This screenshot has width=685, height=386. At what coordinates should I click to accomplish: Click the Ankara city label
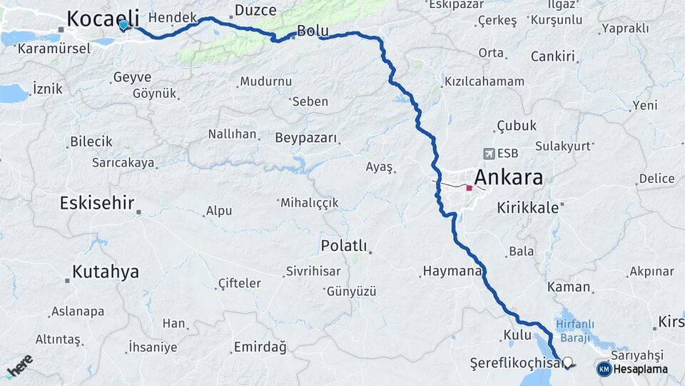click(508, 177)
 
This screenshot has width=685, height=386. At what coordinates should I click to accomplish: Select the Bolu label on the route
click(313, 31)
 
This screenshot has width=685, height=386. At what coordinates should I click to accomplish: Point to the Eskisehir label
click(97, 203)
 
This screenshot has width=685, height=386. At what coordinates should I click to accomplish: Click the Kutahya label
click(105, 272)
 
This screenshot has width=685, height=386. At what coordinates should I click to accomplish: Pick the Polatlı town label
click(344, 247)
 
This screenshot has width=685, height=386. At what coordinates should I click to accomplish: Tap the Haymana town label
click(452, 272)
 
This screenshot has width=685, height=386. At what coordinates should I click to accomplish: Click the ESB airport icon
click(489, 154)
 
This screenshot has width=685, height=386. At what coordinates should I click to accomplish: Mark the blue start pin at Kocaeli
click(123, 25)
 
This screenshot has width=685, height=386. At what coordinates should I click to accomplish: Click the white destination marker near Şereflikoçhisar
click(569, 362)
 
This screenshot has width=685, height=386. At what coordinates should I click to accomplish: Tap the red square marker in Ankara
click(469, 188)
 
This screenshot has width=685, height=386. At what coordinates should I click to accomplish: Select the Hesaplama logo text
click(641, 370)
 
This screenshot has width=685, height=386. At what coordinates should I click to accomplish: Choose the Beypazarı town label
click(305, 137)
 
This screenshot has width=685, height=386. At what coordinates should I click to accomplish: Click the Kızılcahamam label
click(484, 81)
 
